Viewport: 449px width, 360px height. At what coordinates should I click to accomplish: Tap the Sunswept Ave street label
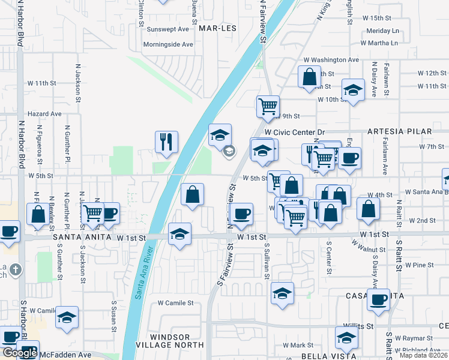tap(168, 29)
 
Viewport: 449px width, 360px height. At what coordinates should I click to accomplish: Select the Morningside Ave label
tap(168, 44)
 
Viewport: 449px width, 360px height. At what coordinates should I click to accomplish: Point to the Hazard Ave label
tap(44, 113)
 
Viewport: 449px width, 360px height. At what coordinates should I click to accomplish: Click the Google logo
tap(19, 353)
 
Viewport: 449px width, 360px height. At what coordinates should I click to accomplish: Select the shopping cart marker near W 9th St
tap(268, 107)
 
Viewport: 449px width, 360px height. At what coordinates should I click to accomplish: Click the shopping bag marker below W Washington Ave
tap(310, 77)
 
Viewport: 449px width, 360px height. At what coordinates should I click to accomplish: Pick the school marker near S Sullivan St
tap(282, 293)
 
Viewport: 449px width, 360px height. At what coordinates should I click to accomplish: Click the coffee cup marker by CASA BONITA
tap(379, 300)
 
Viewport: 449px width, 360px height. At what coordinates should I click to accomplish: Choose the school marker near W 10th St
tap(353, 91)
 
